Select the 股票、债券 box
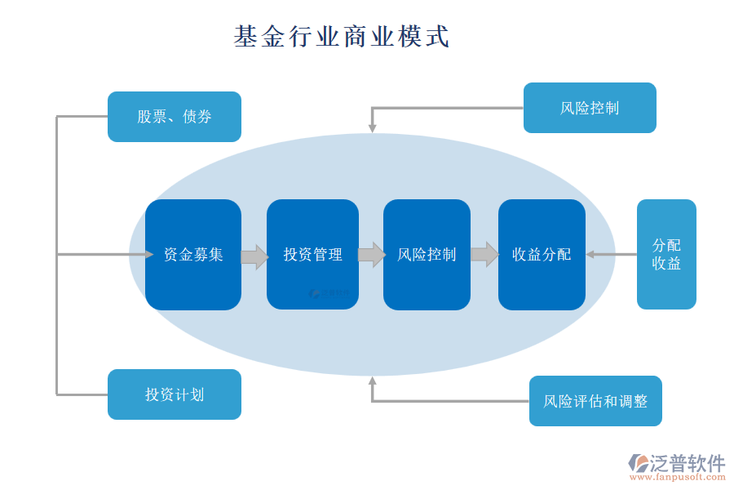[175, 117]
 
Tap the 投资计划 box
[175, 394]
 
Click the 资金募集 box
[193, 255]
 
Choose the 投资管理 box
[312, 255]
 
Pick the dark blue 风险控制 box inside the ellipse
[427, 255]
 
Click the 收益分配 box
[542, 255]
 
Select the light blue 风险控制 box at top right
[590, 108]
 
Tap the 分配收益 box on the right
[666, 254]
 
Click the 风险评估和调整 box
[595, 401]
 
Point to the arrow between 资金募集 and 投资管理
[254, 256]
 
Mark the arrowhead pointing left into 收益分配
[590, 255]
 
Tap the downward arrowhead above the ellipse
[372, 127]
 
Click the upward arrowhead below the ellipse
[372, 381]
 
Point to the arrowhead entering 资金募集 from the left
[149, 255]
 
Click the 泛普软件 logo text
[687, 463]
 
